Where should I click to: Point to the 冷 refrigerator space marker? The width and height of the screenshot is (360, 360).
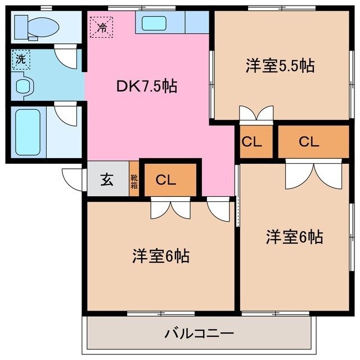102,25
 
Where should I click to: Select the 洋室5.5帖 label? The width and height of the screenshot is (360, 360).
279,66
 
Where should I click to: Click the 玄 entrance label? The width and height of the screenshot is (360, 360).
107,180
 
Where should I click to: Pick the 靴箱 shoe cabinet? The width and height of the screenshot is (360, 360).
134,180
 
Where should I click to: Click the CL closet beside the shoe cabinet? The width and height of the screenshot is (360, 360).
167,180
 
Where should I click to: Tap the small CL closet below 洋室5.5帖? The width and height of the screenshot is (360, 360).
251,142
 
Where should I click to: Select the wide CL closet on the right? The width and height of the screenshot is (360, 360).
309,142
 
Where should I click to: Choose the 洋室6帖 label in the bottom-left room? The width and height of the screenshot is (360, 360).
160,256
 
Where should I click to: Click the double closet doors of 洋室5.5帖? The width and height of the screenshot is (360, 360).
255,114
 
